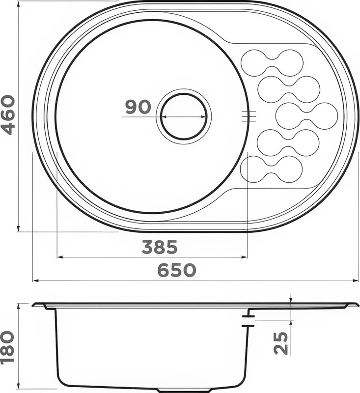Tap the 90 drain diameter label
click(138, 107)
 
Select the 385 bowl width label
click(160, 247)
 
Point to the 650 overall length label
click(177, 270)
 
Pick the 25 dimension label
click(281, 343)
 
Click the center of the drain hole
click(184, 116)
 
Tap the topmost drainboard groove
click(272, 63)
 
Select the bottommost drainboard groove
click(271, 169)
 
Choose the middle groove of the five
click(306, 116)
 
